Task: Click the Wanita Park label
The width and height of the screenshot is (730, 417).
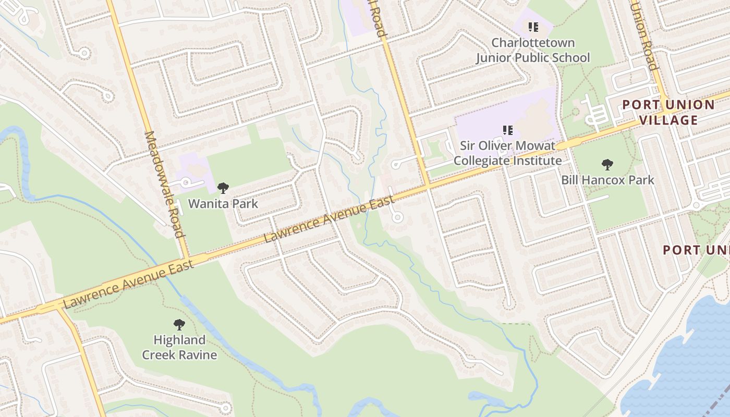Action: [x=223, y=203]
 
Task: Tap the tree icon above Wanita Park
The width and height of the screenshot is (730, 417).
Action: [x=223, y=188]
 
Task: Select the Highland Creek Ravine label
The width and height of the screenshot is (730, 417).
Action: [x=179, y=347]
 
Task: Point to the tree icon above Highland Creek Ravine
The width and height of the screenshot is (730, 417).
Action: [x=179, y=325]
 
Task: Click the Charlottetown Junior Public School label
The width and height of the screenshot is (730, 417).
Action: [x=532, y=50]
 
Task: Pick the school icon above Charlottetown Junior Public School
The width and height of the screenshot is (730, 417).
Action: [x=532, y=27]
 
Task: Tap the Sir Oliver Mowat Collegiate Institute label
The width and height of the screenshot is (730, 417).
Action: [x=507, y=153]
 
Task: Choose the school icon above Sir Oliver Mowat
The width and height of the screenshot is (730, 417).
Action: [x=507, y=130]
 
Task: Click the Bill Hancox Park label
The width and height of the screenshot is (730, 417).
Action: [x=607, y=180]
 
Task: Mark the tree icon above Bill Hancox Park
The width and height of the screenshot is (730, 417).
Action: [x=607, y=165]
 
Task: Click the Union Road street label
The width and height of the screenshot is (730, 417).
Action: [x=643, y=34]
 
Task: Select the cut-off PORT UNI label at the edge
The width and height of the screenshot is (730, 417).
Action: [x=696, y=250]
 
